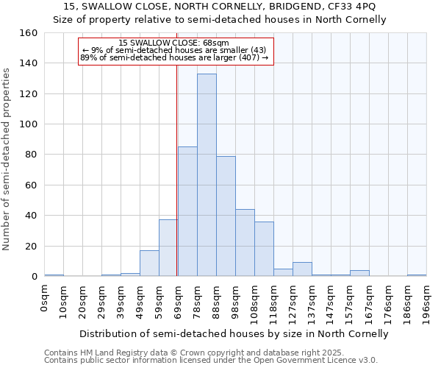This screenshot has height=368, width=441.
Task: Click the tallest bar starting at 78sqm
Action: click(x=207, y=175)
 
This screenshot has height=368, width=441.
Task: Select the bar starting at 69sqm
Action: click(x=187, y=211)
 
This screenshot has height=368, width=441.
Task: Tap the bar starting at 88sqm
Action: click(x=226, y=216)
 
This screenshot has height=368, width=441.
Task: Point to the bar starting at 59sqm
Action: click(x=168, y=248)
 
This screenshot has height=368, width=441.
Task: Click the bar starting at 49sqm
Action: click(x=149, y=263)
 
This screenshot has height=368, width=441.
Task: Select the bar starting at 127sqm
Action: click(x=302, y=269)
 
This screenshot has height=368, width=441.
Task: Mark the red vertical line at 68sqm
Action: click(x=177, y=184)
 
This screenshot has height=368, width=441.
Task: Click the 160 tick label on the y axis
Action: click(x=28, y=33)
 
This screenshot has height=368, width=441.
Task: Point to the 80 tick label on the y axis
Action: click(x=31, y=155)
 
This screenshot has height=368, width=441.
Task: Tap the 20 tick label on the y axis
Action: click(x=31, y=246)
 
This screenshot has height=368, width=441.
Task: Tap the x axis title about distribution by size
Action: click(x=234, y=333)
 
